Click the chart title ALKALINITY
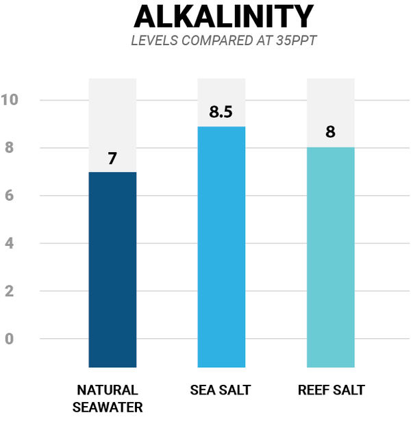coord(223,18)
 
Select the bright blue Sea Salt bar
coord(221,247)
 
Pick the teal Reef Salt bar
coord(330,257)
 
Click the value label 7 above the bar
coord(112,159)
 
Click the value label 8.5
coord(221,112)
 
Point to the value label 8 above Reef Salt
coord(330,132)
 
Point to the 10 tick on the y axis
coord(10,101)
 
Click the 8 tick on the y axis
coord(10,148)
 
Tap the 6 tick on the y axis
coord(10,196)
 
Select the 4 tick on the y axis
coord(10,244)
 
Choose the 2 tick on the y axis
coord(10,291)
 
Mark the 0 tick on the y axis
coord(10,339)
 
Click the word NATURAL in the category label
coord(107,390)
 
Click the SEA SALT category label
coord(221,390)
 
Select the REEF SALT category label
coord(331,390)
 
